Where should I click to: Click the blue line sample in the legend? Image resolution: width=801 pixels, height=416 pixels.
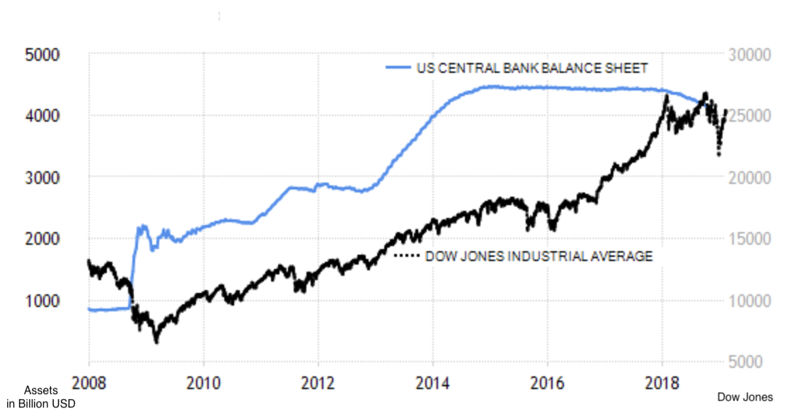point(398,68)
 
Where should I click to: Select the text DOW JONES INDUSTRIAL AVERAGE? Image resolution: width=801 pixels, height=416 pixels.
point(538,256)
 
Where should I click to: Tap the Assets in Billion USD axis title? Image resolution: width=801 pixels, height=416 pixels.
point(40,397)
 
